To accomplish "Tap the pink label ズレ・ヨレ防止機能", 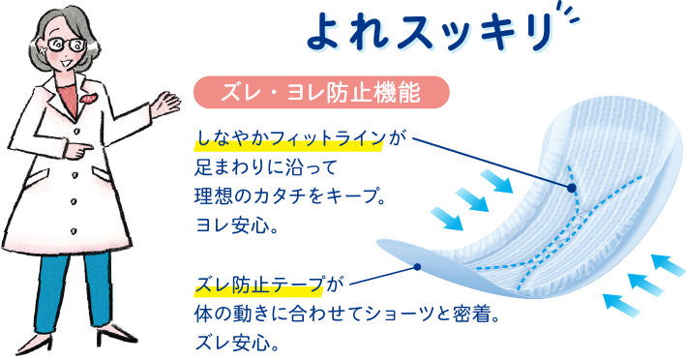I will click(x=322, y=93).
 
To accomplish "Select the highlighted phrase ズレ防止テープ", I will click(x=261, y=285).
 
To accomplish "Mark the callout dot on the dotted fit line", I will click(x=572, y=187).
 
